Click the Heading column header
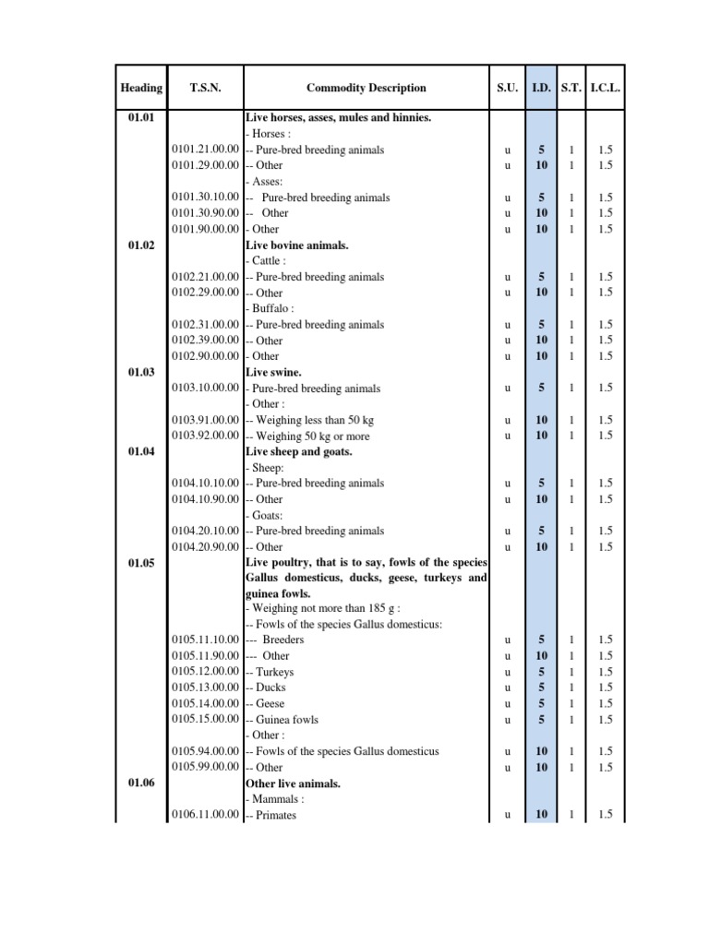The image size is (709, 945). tap(141, 89)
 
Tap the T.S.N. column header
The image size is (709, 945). tap(205, 89)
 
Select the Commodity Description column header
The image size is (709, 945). tap(367, 89)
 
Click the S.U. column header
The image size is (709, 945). tap(507, 89)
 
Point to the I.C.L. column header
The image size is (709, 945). tap(606, 89)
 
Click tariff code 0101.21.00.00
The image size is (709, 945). tap(206, 150)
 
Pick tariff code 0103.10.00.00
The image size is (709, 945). tap(206, 389)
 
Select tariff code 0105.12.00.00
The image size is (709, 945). tap(206, 672)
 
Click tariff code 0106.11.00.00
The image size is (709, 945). tap(206, 815)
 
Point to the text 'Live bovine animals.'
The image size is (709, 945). tap(293, 245)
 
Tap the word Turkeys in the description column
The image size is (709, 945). tap(275, 672)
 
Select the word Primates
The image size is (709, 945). tap(276, 815)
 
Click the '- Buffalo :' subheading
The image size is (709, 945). tap(270, 308)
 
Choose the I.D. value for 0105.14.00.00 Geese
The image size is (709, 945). tap(541, 703)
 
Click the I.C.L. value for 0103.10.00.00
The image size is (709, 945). tap(606, 389)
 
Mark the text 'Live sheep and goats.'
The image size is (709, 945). tap(298, 451)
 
